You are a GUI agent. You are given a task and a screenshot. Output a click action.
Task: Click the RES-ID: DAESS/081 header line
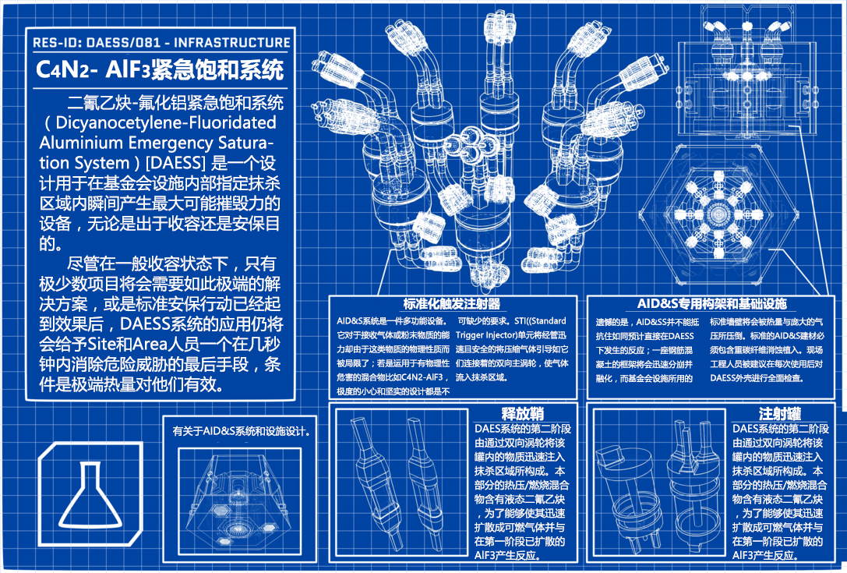161,43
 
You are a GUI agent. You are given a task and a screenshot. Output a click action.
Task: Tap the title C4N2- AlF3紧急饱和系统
160,69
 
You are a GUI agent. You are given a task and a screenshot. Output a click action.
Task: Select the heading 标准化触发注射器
451,304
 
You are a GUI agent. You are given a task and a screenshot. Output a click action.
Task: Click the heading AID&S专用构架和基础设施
711,304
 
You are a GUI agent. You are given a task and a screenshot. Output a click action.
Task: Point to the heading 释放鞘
522,415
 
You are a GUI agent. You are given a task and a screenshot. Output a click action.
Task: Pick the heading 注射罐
780,415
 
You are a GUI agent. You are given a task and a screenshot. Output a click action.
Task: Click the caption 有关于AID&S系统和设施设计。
241,432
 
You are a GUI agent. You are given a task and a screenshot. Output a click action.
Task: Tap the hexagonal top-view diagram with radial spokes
718,214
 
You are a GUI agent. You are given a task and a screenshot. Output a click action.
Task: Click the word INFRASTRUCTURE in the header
232,43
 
